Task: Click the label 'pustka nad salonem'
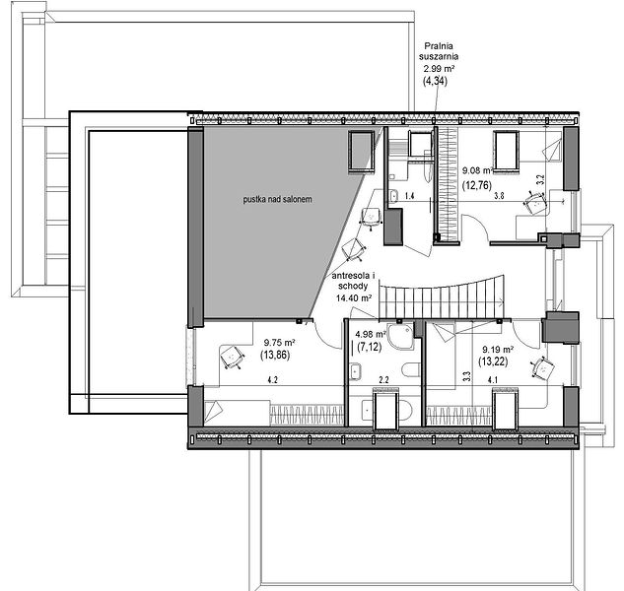[x=277, y=199]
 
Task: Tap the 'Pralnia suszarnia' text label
[x=439, y=51]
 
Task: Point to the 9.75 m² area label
[x=279, y=343]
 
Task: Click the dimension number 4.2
[x=273, y=380]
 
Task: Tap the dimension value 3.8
[x=499, y=195]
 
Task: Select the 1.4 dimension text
[x=409, y=196]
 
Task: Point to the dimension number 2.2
[x=383, y=380]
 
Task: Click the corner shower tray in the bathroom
[x=401, y=337]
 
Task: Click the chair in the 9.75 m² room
[x=232, y=357]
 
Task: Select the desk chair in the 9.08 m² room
[x=535, y=202]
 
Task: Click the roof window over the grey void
[x=362, y=152]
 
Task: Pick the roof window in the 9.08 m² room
[x=507, y=152]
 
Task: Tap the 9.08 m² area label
[x=477, y=170]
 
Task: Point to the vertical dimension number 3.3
[x=467, y=376]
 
